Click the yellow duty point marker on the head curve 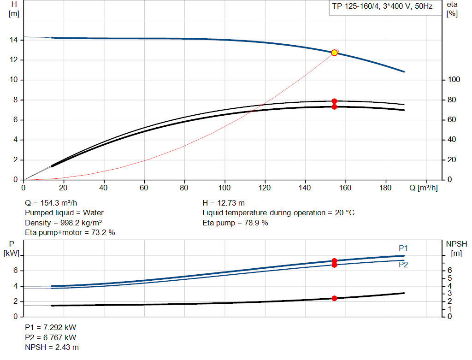pos(334,53)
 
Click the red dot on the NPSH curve pos(334,298)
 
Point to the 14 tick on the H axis pos(13,40)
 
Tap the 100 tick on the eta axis pos(454,79)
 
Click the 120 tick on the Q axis pos(265,188)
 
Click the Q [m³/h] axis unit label pos(424,188)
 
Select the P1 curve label pos(403,248)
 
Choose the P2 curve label pos(403,265)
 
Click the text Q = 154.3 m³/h pos(51,203)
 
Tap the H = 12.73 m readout pos(224,203)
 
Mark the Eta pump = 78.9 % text pos(235,223)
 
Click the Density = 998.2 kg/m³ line pos(63,223)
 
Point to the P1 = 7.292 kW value pos(51,327)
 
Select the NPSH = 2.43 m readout pos(52,347)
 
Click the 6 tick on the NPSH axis pos(449,270)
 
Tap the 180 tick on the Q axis pos(385,188)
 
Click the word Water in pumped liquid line pos(93,213)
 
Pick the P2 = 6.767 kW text pos(51,337)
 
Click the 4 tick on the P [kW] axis pos(15,286)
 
